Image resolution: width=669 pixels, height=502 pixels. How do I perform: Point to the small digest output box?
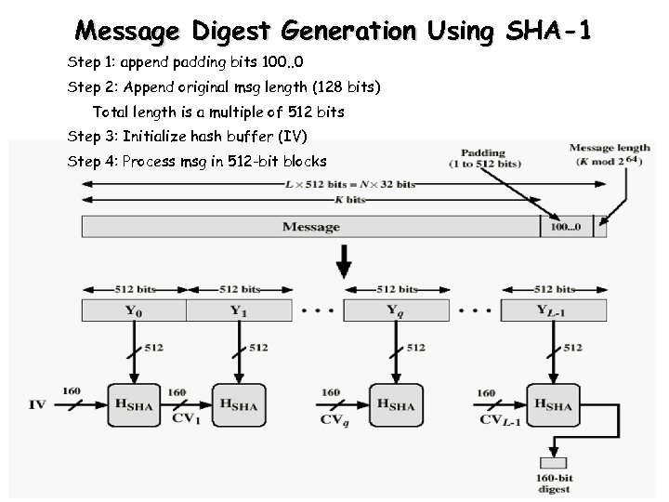pos(552,463)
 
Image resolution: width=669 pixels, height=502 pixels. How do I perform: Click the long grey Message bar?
pos(310,226)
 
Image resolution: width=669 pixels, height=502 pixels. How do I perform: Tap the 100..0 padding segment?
pos(566,226)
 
